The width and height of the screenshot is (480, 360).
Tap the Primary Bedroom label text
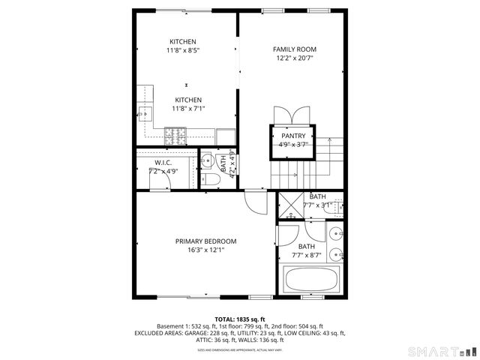click(x=205, y=241)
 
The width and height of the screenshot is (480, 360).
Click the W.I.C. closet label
click(x=163, y=162)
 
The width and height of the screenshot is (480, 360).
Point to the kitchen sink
click(x=145, y=115)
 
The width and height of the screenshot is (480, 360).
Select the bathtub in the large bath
click(x=312, y=280)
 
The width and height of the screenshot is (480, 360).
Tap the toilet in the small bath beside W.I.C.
click(x=211, y=178)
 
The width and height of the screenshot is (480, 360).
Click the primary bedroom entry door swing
click(x=256, y=201)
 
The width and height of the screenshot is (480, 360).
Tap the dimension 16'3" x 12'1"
click(x=205, y=250)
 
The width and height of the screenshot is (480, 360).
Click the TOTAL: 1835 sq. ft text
click(x=240, y=319)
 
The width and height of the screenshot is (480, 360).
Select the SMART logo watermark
click(x=445, y=351)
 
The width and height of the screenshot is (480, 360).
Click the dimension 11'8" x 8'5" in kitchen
click(x=183, y=50)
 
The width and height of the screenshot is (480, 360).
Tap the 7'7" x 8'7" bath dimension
click(x=307, y=256)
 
